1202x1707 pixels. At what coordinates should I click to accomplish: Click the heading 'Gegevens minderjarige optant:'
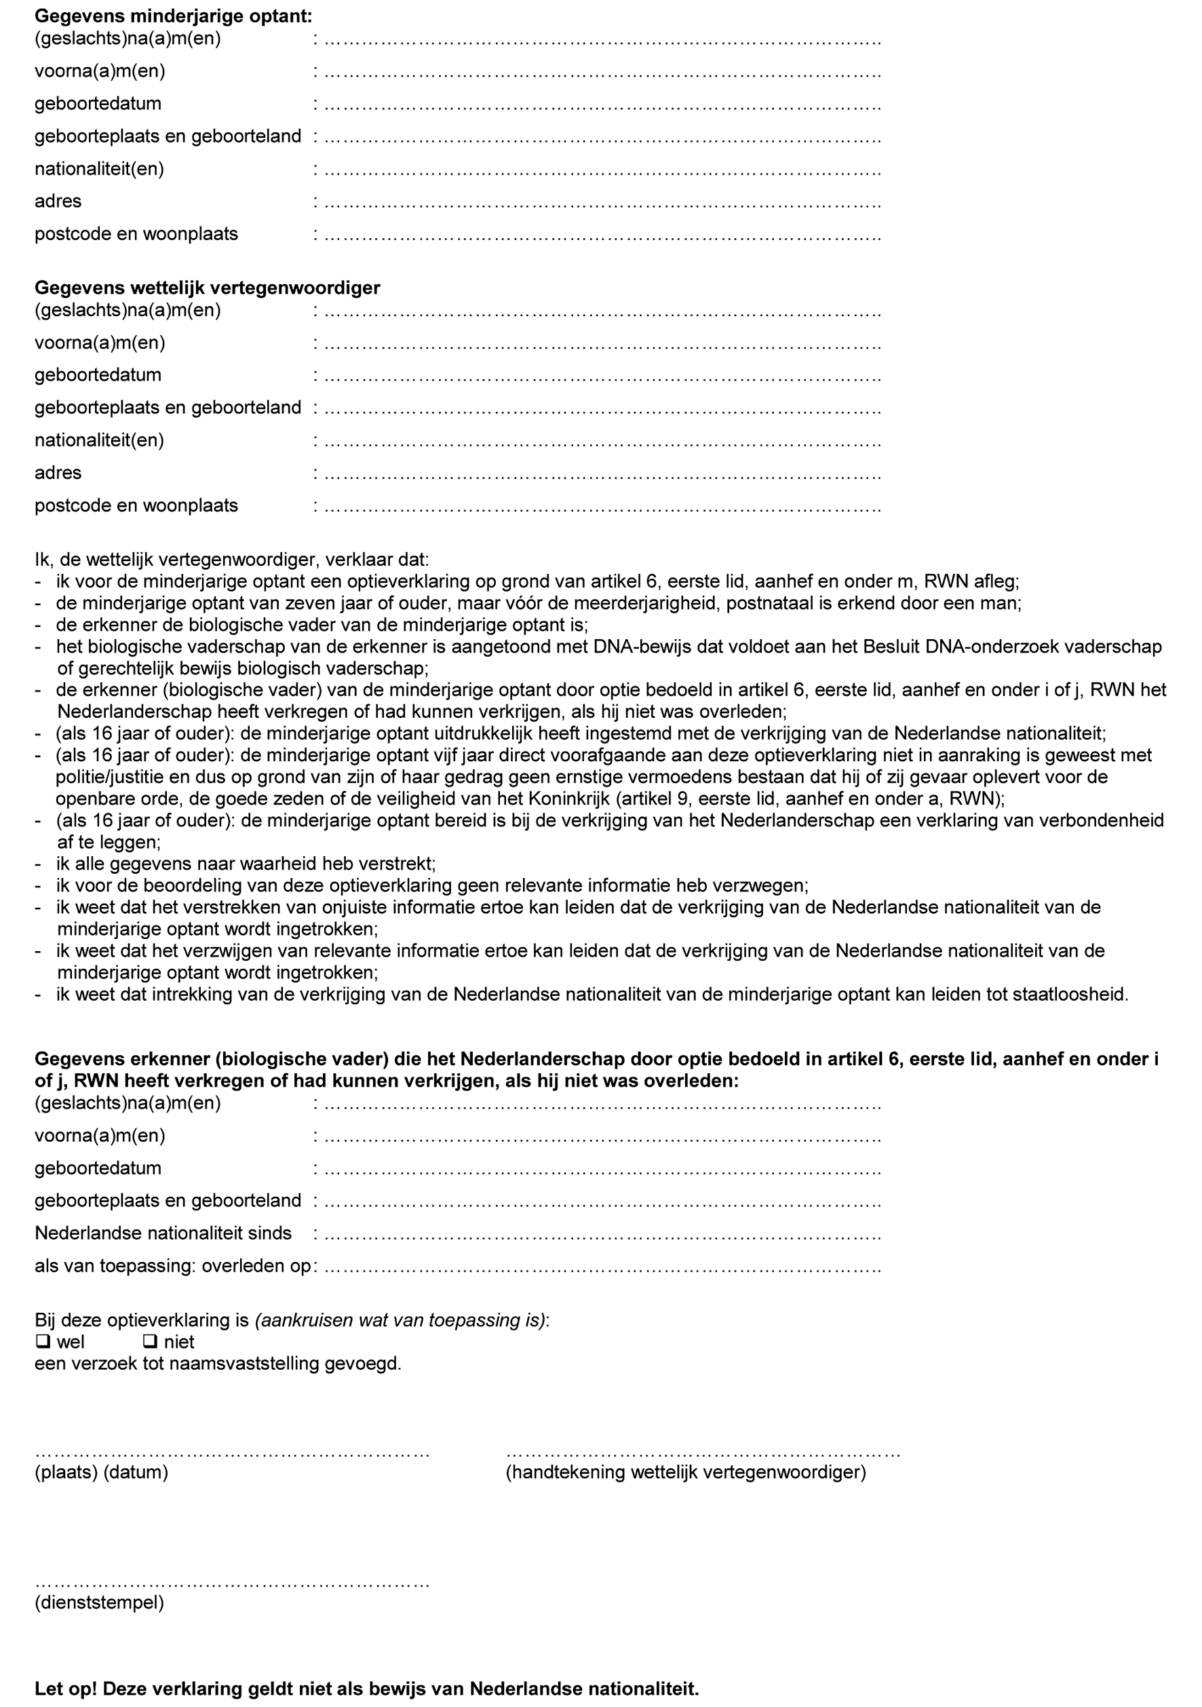coord(173,16)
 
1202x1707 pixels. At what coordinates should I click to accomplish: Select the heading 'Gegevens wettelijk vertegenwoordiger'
coord(208,288)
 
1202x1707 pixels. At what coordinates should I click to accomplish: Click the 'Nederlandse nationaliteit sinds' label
coord(163,1233)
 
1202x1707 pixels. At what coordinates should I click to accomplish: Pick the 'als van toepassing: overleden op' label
coord(172,1266)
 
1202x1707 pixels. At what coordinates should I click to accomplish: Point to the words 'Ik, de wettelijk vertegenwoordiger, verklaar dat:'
coord(232,559)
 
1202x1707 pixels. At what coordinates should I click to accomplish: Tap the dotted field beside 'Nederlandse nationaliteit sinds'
coord(602,1235)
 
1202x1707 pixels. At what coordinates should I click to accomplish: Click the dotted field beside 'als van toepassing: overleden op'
coord(602,1267)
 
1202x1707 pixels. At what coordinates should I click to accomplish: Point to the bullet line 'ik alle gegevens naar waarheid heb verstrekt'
coord(246,864)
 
